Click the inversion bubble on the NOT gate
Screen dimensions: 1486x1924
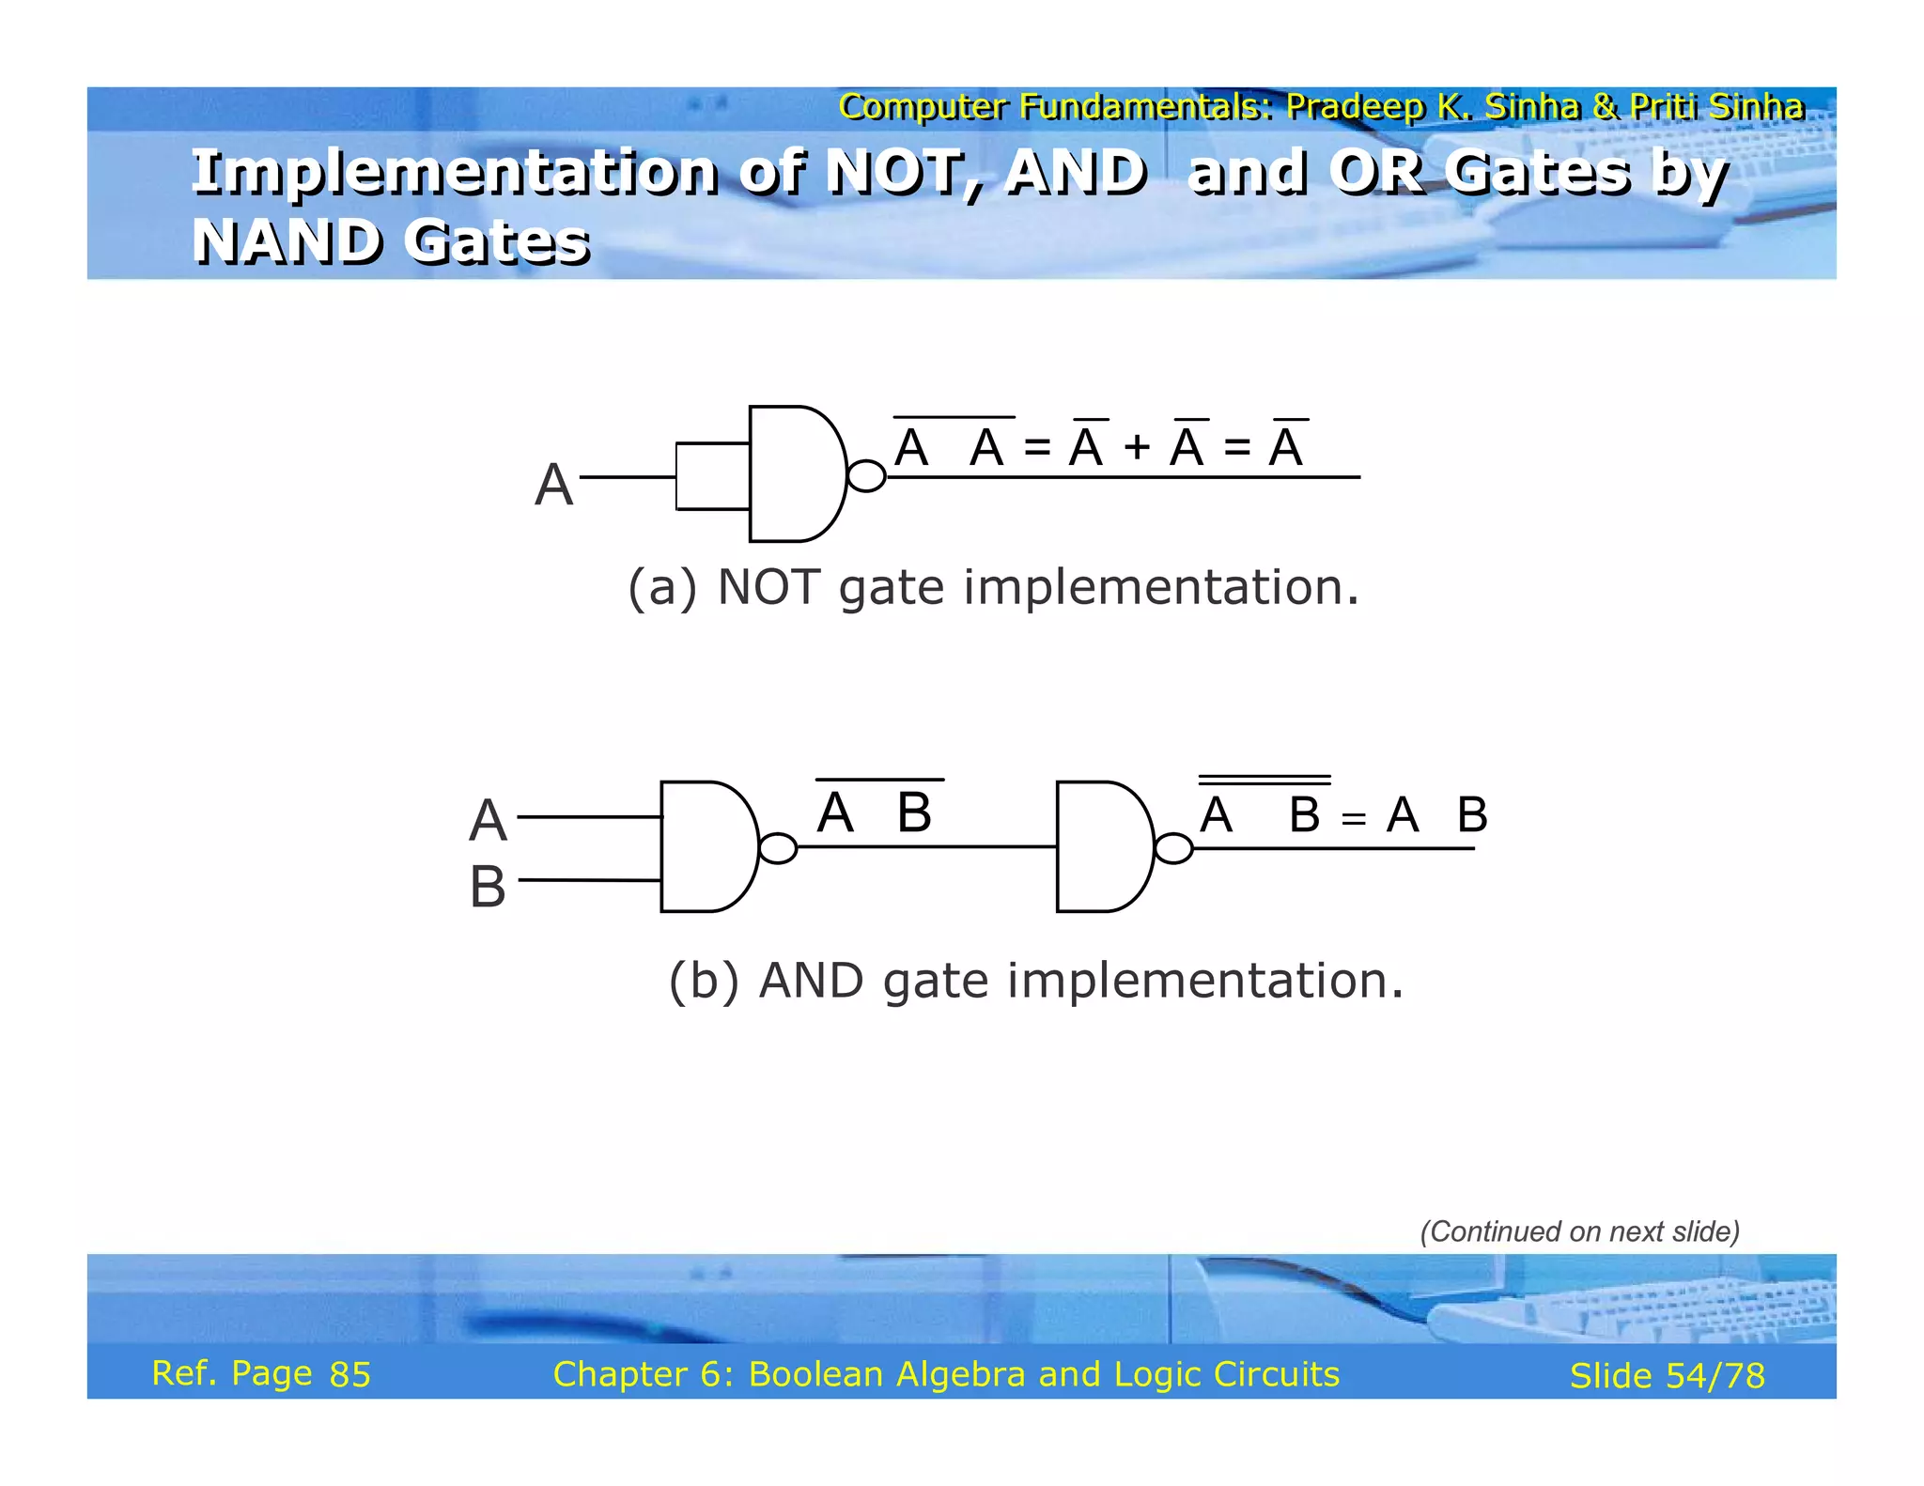pos(866,476)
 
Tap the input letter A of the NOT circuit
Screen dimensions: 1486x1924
pos(553,486)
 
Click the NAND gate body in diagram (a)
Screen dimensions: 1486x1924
pos(794,474)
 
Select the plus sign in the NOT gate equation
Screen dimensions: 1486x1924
pos(1137,448)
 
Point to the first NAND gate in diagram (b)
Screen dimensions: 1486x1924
pos(706,846)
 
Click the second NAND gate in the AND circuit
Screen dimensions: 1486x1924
pos(1102,846)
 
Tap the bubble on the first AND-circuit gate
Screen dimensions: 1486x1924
pos(778,848)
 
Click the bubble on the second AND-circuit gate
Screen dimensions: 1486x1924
pos(1173,848)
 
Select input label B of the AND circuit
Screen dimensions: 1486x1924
pos(488,887)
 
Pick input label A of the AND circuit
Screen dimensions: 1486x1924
pos(488,820)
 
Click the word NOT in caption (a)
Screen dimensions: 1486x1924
pos(768,587)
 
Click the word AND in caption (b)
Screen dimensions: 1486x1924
pos(811,981)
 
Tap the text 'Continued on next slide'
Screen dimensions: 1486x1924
pos(1579,1231)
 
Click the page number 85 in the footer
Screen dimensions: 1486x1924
pos(349,1374)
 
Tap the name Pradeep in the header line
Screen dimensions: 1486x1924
pos(1355,107)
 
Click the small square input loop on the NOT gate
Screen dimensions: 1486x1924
pos(712,476)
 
